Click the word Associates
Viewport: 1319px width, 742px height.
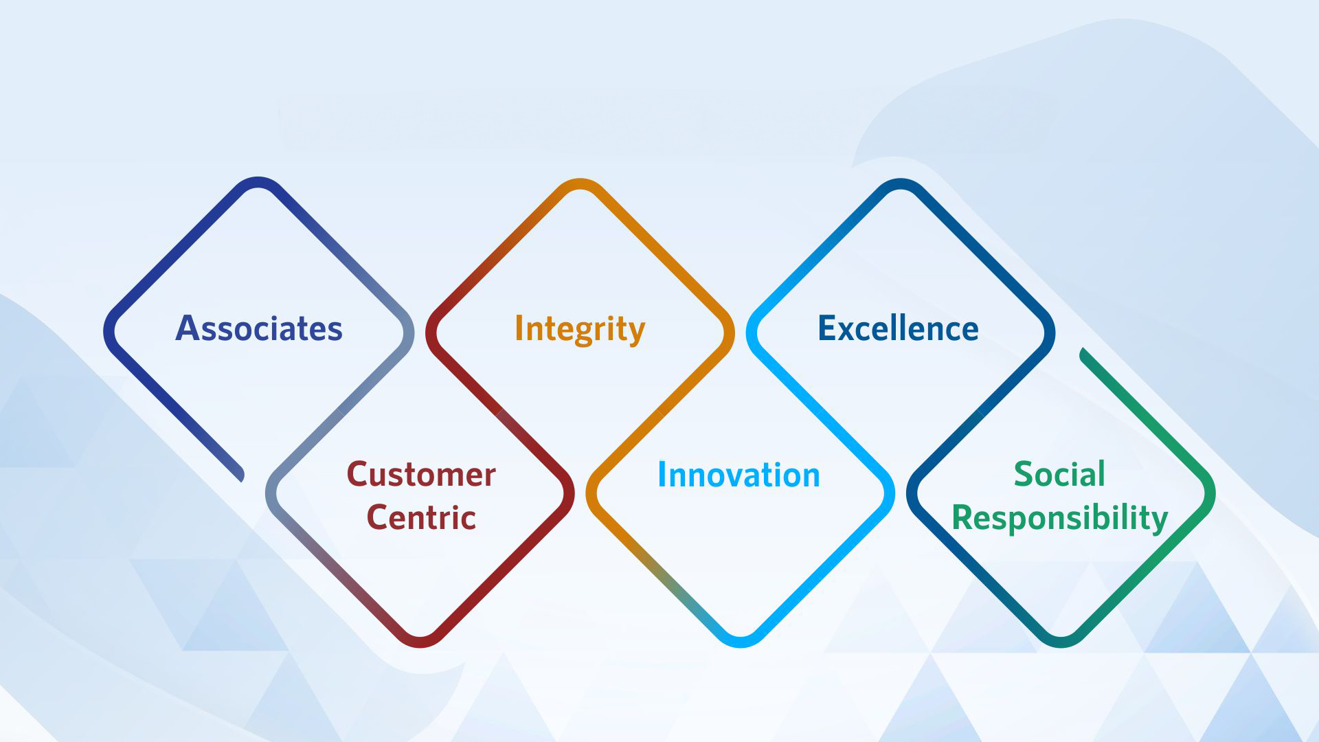coord(259,328)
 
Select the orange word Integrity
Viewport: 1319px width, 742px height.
coord(580,330)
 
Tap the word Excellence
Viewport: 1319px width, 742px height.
coord(898,328)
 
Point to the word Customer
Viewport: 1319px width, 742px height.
coord(421,475)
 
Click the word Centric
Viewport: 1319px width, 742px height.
coord(421,517)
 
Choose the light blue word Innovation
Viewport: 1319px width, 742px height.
coord(739,475)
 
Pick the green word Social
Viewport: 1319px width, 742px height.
coord(1059,474)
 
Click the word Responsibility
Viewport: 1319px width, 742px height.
coord(1059,519)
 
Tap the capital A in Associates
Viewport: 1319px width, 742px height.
coord(188,328)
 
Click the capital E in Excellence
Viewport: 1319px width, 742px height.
coord(826,328)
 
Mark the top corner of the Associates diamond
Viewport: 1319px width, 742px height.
coord(258,182)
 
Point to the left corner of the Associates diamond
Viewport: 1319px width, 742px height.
coord(109,331)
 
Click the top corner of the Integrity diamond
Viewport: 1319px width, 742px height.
coord(580,183)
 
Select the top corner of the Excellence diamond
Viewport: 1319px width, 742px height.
coord(900,183)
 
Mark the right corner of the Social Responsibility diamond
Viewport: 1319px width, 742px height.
coord(1210,493)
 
